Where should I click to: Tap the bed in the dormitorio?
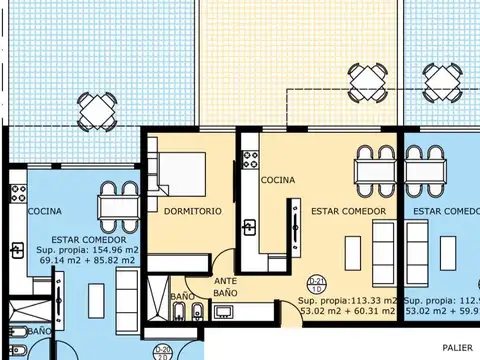click(179, 174)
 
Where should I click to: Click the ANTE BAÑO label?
click(225, 288)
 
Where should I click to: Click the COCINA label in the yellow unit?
click(277, 181)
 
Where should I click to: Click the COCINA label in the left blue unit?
click(45, 212)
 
